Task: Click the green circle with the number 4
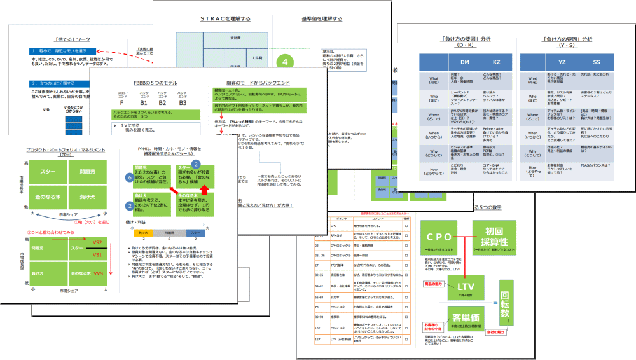tap(288, 63)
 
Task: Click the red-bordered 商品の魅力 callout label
tap(437, 282)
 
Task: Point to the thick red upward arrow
tap(205, 190)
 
